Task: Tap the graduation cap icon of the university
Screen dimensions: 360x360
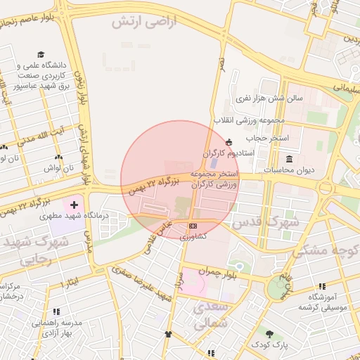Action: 41,54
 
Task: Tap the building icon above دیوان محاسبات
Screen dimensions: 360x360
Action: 289,160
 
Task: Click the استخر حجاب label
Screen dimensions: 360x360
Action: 271,138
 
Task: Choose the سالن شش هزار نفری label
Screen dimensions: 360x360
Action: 269,98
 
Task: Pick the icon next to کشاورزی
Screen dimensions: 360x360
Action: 193,226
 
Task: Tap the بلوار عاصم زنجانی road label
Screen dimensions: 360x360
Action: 31,19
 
